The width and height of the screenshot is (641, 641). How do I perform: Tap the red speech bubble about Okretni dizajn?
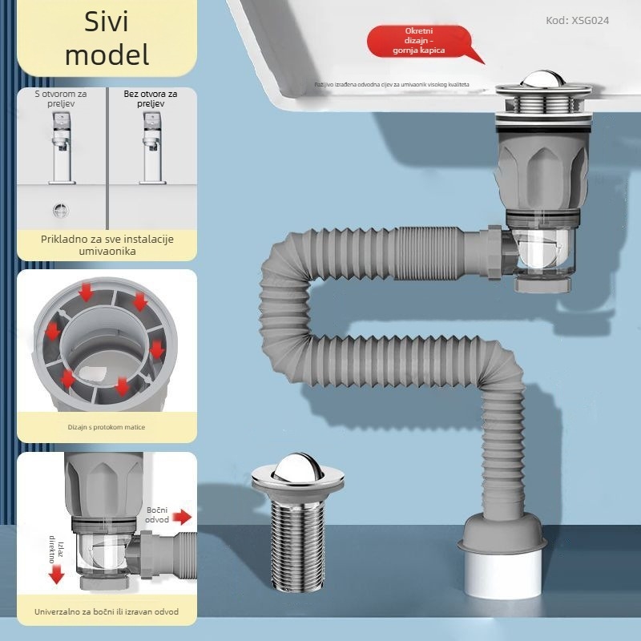[424, 41]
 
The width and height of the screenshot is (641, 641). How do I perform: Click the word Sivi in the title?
[107, 22]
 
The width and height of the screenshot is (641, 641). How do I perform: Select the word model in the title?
[107, 54]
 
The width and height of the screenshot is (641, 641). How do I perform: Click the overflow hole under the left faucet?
[61, 210]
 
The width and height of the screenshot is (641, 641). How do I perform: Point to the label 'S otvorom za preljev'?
[60, 99]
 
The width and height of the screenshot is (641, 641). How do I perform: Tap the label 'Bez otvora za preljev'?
[151, 99]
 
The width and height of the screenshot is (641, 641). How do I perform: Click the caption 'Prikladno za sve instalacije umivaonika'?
[107, 244]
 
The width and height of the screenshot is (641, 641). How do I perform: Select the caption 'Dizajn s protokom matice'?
[107, 427]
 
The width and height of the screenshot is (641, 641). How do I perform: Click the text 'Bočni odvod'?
[157, 515]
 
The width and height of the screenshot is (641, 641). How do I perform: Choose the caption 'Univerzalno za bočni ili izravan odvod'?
[107, 611]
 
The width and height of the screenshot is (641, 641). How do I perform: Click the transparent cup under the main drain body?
[542, 255]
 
